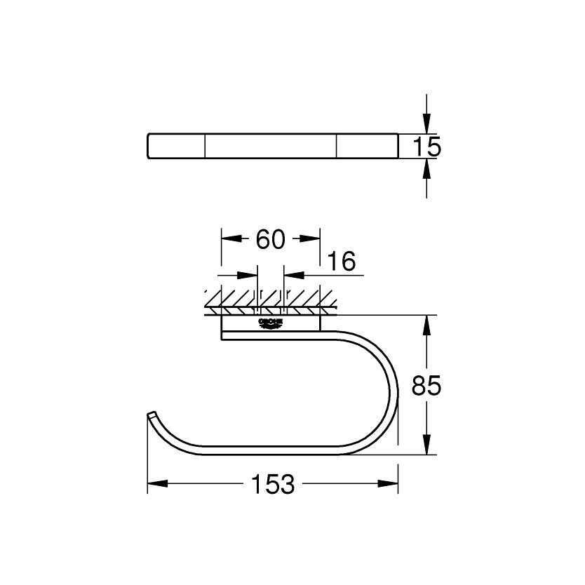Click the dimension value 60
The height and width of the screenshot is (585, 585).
(x=270, y=240)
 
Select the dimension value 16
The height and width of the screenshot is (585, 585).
(x=341, y=262)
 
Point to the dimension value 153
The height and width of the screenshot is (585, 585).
(x=272, y=484)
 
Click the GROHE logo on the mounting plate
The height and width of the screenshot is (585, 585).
(x=271, y=323)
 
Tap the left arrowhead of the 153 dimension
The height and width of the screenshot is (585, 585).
(x=156, y=483)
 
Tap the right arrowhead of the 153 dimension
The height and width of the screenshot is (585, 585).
(x=389, y=483)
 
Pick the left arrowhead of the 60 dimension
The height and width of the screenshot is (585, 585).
(x=231, y=239)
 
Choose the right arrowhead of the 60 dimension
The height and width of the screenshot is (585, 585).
(x=311, y=239)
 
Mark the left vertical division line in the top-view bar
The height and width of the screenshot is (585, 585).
(x=205, y=147)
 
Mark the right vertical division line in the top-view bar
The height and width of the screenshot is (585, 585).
(x=336, y=147)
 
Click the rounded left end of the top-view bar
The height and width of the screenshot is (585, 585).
(x=149, y=147)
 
